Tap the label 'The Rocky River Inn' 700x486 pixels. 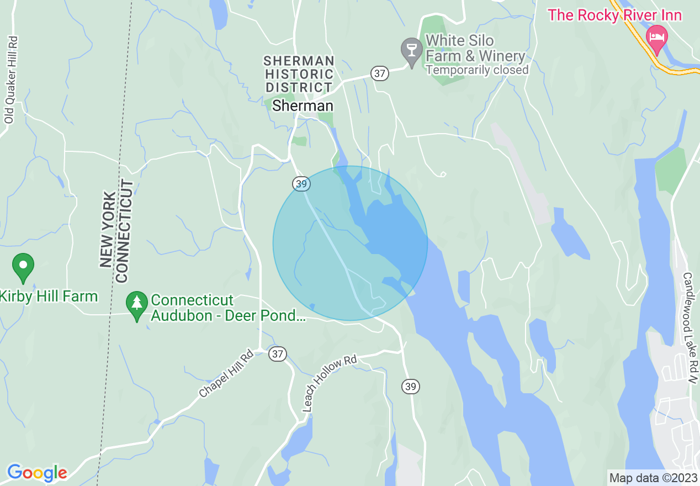(x=614, y=15)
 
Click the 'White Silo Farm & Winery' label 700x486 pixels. (x=475, y=49)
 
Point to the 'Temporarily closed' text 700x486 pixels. (x=477, y=70)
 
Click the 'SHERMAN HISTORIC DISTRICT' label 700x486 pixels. (x=299, y=74)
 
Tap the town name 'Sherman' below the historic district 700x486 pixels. (x=303, y=106)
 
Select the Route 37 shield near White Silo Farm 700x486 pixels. (x=380, y=73)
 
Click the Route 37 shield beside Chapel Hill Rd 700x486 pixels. (x=278, y=354)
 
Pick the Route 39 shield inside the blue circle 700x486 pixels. (x=301, y=184)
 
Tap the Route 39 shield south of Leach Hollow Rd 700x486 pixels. (x=410, y=386)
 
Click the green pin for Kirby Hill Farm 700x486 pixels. (x=23, y=266)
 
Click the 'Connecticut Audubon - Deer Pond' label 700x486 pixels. (x=227, y=308)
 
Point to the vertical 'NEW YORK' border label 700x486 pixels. (x=108, y=230)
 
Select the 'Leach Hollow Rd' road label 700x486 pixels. (x=330, y=383)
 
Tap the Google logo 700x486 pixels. (x=37, y=472)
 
